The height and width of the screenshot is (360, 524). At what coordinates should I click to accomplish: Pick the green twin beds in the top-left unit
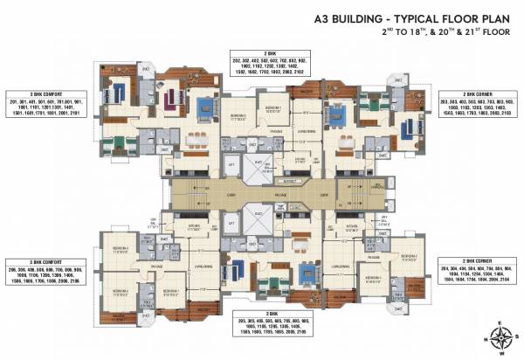[120, 140]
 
